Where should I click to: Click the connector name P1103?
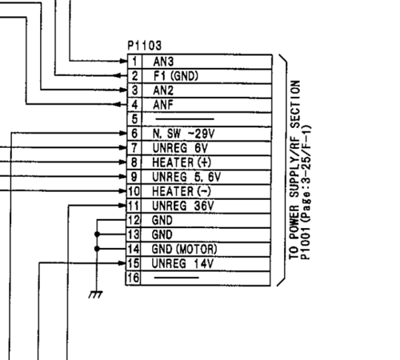[x=144, y=47]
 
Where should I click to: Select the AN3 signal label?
[x=164, y=61]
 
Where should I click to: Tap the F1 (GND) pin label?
[x=175, y=75]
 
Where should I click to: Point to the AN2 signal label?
[x=164, y=90]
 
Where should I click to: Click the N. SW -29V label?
[x=179, y=133]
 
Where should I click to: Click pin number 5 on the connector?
[x=134, y=118]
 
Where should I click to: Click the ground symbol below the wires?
[x=96, y=294]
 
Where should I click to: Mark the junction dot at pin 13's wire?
[x=96, y=234]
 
